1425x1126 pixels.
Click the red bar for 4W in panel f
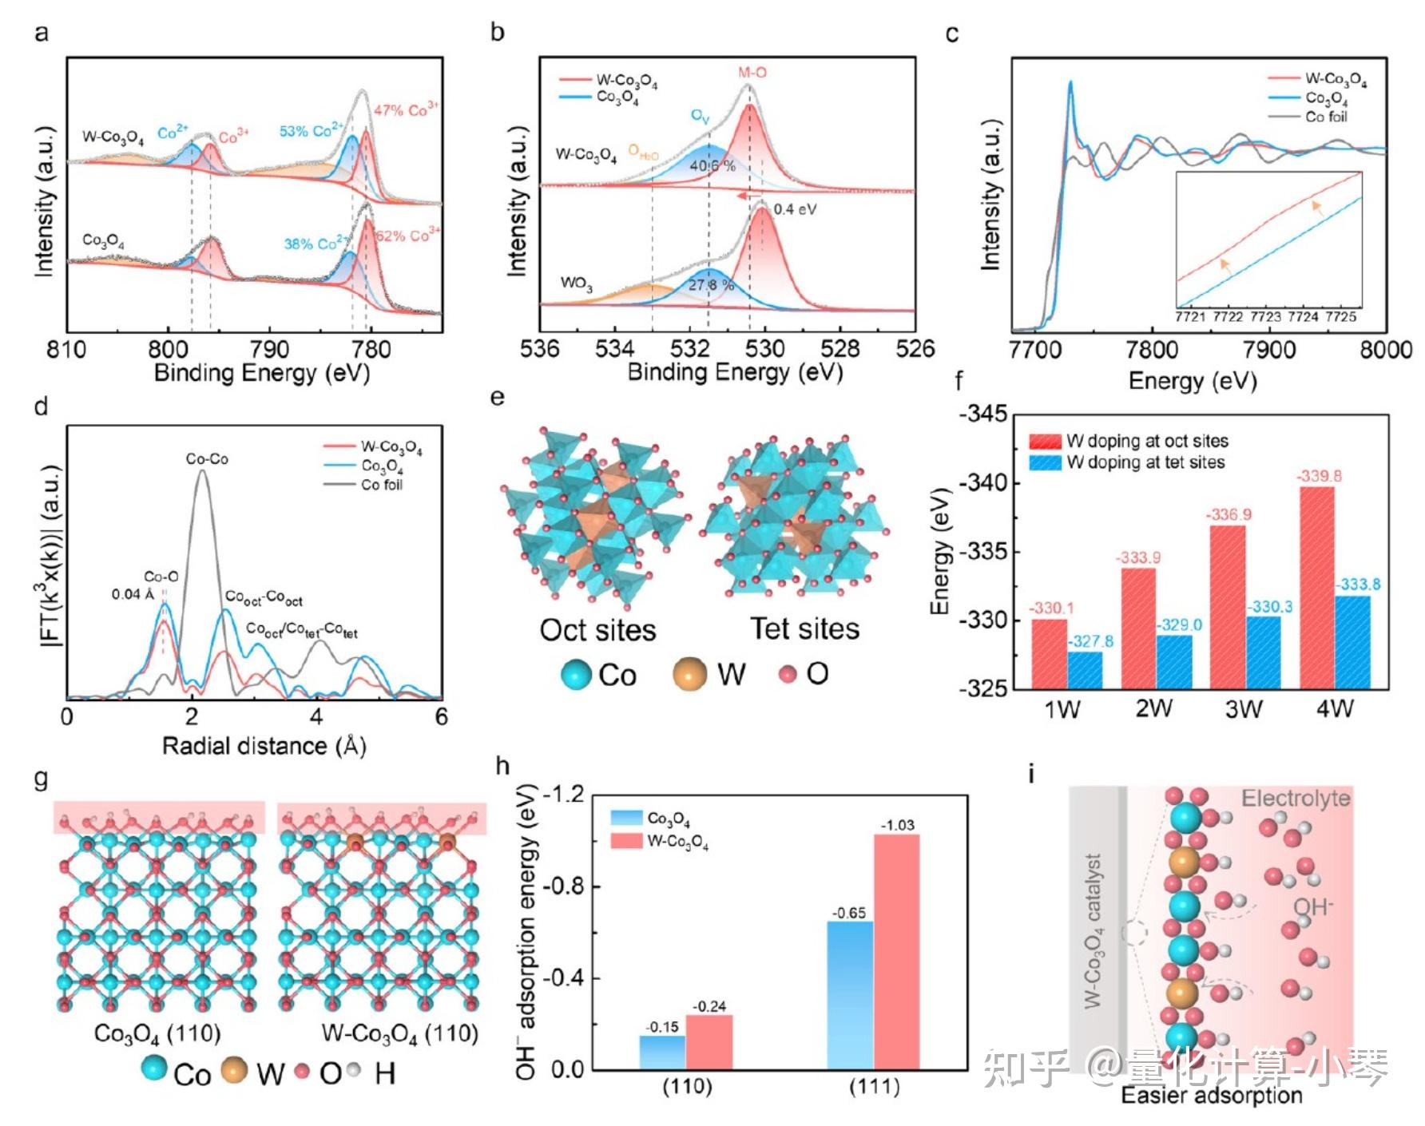click(1317, 587)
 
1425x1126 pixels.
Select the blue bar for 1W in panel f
click(1084, 670)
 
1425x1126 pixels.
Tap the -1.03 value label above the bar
click(897, 825)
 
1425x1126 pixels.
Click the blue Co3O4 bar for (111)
click(850, 995)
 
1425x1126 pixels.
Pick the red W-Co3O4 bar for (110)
click(709, 1041)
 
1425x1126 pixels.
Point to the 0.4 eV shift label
click(795, 209)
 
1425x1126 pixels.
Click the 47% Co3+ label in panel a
click(406, 110)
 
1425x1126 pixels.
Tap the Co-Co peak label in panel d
click(207, 459)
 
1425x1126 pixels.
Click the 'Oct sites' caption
click(597, 629)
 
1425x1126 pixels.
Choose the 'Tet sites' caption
click(804, 628)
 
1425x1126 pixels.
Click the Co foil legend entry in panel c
click(1326, 117)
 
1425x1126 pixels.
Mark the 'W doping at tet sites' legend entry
click(1145, 462)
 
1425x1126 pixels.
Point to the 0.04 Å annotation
click(133, 594)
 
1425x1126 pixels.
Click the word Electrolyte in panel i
click(1296, 799)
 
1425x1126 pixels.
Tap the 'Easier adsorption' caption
click(1211, 1095)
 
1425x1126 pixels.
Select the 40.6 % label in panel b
click(712, 165)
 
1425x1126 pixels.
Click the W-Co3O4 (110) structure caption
click(399, 1033)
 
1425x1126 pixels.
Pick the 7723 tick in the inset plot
click(1265, 316)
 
